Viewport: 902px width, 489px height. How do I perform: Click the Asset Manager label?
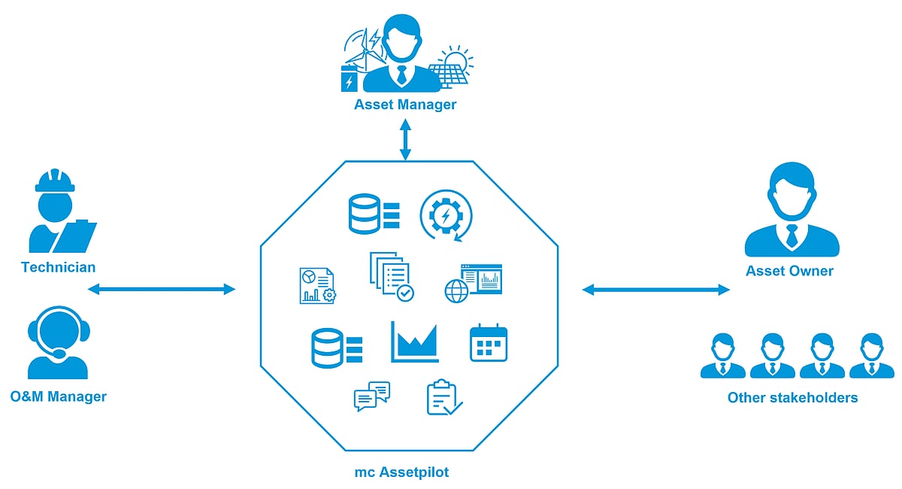[405, 105]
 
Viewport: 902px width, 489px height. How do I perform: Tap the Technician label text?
[59, 267]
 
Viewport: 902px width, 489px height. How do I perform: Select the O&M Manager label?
[59, 396]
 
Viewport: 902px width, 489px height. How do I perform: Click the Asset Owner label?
[789, 271]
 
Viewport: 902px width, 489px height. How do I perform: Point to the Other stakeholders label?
[792, 397]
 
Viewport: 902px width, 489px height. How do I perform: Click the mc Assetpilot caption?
[401, 472]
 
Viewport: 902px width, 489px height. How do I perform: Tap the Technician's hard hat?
[55, 181]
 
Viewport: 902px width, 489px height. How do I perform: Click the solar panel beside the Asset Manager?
[448, 74]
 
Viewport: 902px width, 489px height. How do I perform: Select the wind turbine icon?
[365, 50]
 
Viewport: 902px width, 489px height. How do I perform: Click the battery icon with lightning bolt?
[349, 79]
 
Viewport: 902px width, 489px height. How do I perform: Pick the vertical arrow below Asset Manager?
[405, 139]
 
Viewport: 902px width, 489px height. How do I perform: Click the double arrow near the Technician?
[162, 289]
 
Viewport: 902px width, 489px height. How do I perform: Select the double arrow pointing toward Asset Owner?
[656, 290]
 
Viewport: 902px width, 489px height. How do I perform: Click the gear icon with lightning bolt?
[445, 216]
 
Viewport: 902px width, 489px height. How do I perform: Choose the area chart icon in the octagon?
[415, 342]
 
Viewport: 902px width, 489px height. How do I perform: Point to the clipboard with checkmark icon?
[444, 397]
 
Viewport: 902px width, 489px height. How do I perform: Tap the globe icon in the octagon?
[457, 291]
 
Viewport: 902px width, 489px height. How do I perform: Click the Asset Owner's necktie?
[792, 236]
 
